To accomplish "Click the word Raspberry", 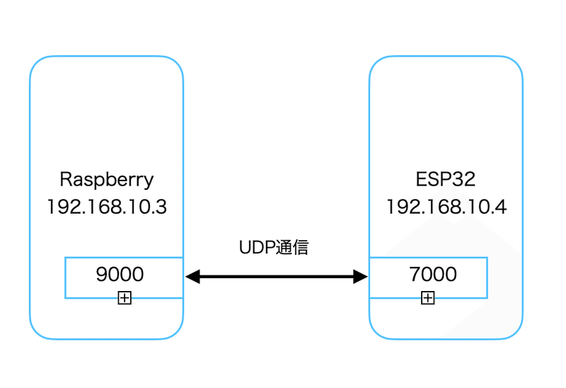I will (106, 179).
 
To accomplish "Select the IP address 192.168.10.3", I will (106, 207).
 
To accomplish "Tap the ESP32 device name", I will (446, 179).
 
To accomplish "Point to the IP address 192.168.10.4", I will (446, 207).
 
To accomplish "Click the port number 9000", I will (120, 274).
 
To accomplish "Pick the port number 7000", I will (433, 274).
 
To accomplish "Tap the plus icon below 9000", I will (125, 298).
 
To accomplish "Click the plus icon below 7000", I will (427, 298).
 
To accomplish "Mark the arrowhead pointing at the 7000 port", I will (361, 277).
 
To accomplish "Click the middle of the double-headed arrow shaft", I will (277, 277).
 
